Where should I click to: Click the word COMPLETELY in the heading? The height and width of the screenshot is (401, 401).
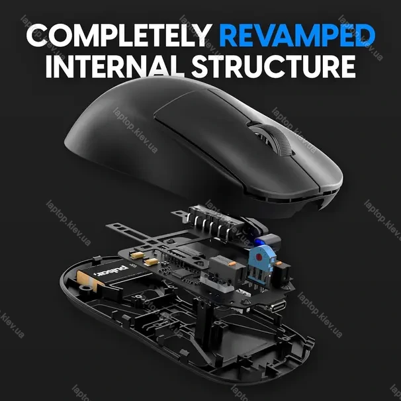tap(119, 35)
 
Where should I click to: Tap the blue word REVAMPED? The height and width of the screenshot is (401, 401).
tap(297, 35)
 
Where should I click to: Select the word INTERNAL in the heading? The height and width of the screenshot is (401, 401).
tap(115, 66)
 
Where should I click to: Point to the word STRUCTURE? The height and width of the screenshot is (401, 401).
tap(274, 66)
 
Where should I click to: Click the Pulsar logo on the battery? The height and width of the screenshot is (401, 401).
tap(111, 271)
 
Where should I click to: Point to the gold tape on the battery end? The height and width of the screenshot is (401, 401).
tap(87, 281)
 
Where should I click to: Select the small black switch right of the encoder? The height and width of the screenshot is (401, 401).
tap(283, 273)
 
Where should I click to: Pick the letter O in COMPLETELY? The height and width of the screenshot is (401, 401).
tap(62, 35)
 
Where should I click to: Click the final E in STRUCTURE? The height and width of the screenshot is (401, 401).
tap(347, 66)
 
